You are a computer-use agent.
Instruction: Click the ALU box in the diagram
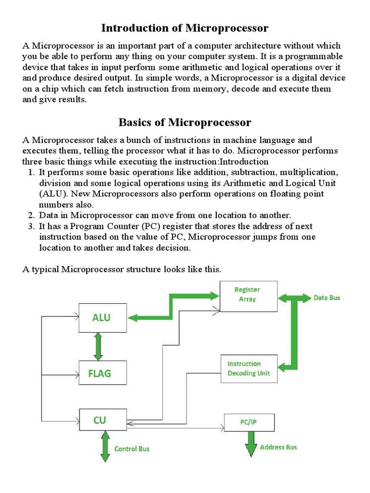coord(103,317)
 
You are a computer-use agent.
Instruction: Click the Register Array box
coord(249,295)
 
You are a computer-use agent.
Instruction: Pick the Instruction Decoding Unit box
coord(249,369)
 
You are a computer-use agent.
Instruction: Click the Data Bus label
coord(327,298)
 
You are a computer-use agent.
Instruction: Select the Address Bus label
coord(278,447)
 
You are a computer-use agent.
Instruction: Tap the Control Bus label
coord(132,449)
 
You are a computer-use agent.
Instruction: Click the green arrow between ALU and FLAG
coord(99,346)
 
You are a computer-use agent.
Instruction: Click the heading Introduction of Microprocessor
coord(185,28)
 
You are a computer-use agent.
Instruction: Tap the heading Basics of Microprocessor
coord(185,122)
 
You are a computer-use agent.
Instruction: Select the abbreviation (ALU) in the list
coord(50,194)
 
